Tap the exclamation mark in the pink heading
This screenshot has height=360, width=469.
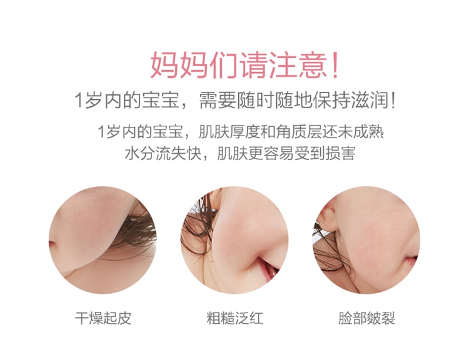335,65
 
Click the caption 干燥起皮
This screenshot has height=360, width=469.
103,318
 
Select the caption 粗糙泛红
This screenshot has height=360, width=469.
234,318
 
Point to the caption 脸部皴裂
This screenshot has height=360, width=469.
366,318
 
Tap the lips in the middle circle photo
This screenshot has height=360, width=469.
269,267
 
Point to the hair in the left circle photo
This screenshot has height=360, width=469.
134,230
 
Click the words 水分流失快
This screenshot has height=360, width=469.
163,154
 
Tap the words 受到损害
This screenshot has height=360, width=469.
325,154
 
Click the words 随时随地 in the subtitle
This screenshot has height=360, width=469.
275,100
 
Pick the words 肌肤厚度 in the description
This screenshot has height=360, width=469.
229,132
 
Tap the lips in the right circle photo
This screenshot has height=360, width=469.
412,261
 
